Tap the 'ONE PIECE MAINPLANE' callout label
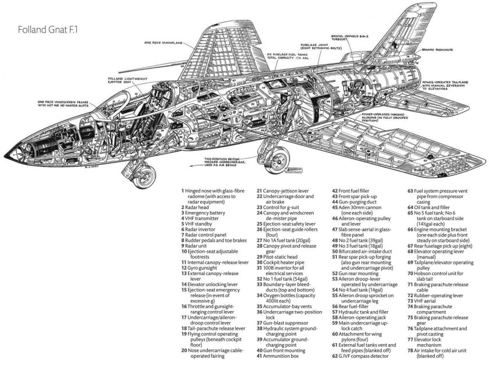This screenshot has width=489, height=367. tap(167, 43)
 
